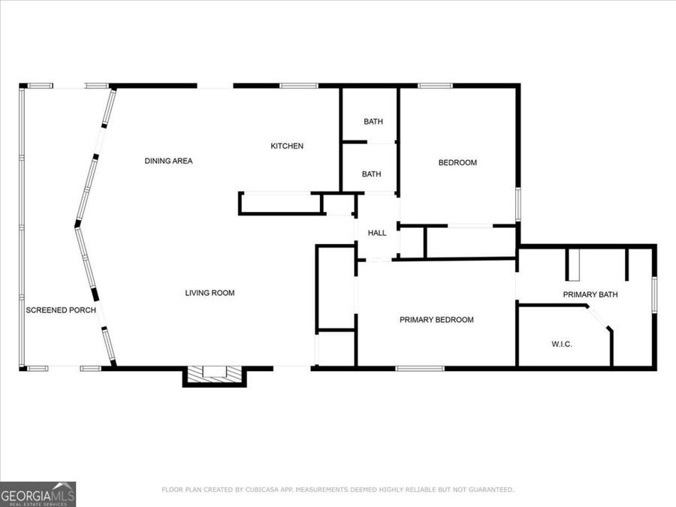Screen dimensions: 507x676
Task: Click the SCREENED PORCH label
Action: coord(61,310)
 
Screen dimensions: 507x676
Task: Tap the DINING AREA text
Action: coord(169,161)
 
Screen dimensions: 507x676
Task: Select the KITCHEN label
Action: coord(287,146)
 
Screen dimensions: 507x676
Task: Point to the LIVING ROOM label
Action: coord(210,293)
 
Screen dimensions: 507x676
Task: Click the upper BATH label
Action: coord(373,122)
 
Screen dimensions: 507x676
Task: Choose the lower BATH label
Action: coord(371,174)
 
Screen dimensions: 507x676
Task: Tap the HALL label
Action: coord(377,233)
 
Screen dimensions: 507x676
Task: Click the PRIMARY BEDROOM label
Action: coord(436,320)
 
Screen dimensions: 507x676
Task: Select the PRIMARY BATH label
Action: coord(590,294)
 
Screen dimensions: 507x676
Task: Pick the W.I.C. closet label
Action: coord(562,344)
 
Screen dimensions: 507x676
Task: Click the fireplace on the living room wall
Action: coord(215,374)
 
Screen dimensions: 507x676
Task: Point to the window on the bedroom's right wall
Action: coord(517,204)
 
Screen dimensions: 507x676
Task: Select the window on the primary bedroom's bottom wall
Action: coord(420,368)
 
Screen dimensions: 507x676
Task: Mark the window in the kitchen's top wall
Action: coord(299,86)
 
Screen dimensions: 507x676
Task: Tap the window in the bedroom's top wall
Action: coord(435,86)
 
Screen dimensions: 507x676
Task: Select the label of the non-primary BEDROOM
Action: coord(457,162)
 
